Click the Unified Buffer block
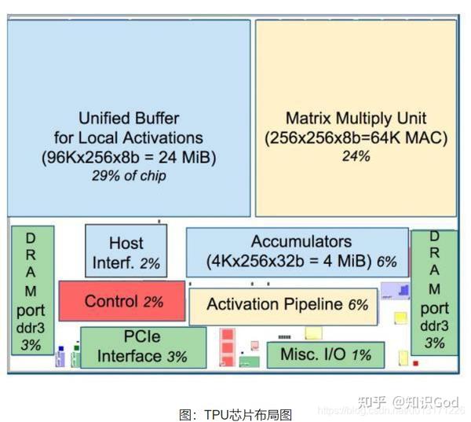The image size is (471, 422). pyautogui.click(x=129, y=118)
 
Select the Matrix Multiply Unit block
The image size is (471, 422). pyautogui.click(x=356, y=118)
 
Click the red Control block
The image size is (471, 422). pyautogui.click(x=122, y=301)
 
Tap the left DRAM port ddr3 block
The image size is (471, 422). pyautogui.click(x=31, y=291)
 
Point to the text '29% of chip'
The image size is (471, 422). pyautogui.click(x=129, y=176)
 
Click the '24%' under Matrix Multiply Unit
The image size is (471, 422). pyautogui.click(x=355, y=156)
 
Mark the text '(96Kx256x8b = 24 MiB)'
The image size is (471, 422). pyautogui.click(x=129, y=157)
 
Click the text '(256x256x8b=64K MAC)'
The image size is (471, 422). pyautogui.click(x=356, y=138)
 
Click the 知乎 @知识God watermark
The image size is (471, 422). pyautogui.click(x=407, y=402)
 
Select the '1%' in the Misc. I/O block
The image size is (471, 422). pyautogui.click(x=360, y=355)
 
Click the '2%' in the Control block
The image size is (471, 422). pyautogui.click(x=153, y=302)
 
